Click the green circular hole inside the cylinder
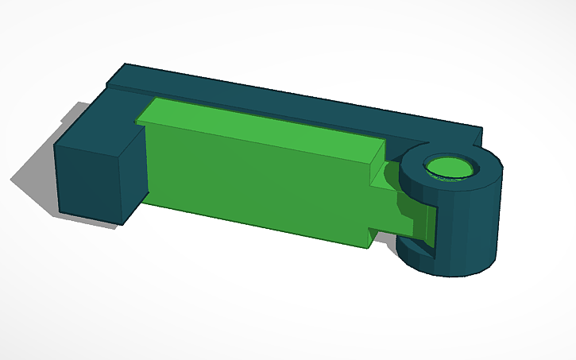point(450,168)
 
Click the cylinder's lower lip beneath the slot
point(413,252)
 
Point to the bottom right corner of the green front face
point(367,246)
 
